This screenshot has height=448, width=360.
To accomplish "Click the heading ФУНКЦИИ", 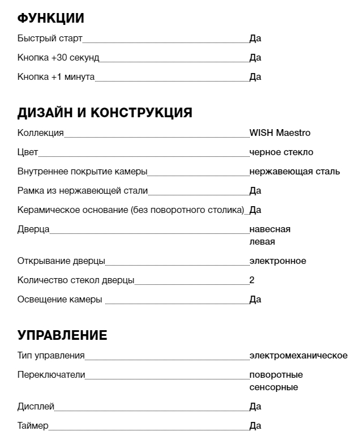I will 51,18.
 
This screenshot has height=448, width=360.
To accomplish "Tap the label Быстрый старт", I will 50,39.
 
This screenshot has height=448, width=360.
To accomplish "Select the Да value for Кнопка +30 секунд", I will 255,58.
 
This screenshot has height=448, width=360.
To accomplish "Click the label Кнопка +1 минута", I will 56,77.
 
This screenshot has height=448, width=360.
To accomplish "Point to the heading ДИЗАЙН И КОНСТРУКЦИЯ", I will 105,113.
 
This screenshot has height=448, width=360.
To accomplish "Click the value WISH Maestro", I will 280,133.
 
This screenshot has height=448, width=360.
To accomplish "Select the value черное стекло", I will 281,152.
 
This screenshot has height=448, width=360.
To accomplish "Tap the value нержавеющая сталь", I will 294,172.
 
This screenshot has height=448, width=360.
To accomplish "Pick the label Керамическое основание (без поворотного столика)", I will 131,210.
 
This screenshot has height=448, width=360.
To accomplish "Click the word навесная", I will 270,229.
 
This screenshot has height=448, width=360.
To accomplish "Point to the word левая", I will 262,242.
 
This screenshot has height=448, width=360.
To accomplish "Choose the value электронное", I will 277,261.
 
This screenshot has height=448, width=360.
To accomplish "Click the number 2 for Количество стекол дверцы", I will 252,280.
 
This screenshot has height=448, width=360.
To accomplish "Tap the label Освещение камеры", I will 60,300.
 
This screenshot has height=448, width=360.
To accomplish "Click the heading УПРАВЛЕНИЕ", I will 62,335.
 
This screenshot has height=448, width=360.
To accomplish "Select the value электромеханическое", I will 298,356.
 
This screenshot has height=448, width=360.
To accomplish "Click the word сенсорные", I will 273,387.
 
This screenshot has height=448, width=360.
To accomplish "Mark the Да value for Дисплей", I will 255,407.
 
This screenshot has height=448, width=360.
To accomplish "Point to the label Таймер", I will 33,426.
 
